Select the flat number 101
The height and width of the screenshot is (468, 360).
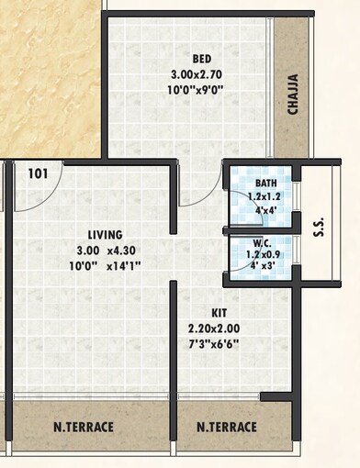pyautogui.click(x=38, y=173)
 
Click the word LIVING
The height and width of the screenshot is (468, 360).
pyautogui.click(x=98, y=234)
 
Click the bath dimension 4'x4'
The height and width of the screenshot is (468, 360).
pyautogui.click(x=268, y=208)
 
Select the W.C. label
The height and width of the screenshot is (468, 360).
pyautogui.click(x=266, y=243)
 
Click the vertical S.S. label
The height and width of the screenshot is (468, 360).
pyautogui.click(x=319, y=226)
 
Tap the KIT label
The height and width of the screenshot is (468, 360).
pyautogui.click(x=219, y=312)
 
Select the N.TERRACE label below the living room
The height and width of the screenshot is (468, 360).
pyautogui.click(x=83, y=428)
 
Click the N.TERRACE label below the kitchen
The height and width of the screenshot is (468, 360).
pyautogui.click(x=227, y=428)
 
